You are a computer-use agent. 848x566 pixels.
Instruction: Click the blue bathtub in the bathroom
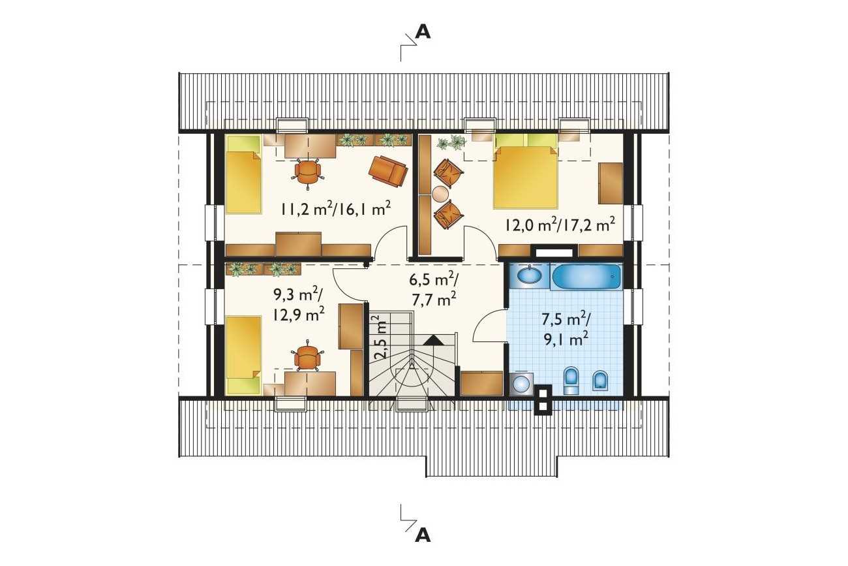[x=586, y=277]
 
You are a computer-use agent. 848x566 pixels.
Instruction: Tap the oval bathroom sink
[x=529, y=275]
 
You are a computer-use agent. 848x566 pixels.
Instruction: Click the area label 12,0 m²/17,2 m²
[x=560, y=225]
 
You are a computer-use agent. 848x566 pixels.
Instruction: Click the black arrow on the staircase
[x=433, y=340]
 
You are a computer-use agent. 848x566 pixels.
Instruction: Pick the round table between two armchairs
[x=441, y=194]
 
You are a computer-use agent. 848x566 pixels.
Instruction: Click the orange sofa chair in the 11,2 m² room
[x=388, y=171]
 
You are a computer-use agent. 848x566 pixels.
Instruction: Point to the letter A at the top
[x=423, y=32]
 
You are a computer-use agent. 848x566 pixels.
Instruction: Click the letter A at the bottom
[x=423, y=535]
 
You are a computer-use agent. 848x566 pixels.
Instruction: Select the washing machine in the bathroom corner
[x=521, y=384]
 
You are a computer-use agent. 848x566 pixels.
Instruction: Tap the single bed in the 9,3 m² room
[x=244, y=356]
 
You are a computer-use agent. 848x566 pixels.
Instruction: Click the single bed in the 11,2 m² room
[x=244, y=174]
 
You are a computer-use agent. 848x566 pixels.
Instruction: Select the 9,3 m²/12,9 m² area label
[x=299, y=305]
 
